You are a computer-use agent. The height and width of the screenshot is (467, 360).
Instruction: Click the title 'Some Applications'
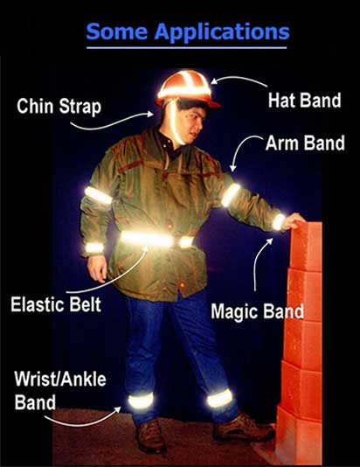[x=188, y=32]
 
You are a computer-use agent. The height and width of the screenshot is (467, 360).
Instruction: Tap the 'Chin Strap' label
[x=59, y=107]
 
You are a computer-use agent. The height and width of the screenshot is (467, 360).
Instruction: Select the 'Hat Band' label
[x=304, y=101]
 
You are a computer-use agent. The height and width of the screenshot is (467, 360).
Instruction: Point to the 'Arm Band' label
[x=305, y=143]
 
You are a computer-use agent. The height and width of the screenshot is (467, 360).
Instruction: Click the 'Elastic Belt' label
[x=56, y=304]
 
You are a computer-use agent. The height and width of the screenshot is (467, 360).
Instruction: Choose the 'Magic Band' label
[x=258, y=311]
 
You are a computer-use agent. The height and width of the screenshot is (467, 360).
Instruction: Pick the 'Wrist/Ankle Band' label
[x=60, y=390]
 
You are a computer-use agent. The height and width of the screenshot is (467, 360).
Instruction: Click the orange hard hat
[x=188, y=88]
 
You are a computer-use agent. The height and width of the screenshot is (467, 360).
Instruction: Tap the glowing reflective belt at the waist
[x=156, y=240]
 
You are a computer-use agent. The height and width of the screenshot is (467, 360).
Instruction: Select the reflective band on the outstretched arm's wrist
[x=279, y=222]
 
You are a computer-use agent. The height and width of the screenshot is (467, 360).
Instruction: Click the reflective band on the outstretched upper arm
[x=231, y=195]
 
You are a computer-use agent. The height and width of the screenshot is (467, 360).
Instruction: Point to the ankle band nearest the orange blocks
[x=220, y=398]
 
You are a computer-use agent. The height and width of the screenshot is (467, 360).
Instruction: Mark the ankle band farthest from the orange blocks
[x=141, y=401]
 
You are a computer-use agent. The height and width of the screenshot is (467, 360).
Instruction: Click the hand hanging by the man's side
[x=97, y=268]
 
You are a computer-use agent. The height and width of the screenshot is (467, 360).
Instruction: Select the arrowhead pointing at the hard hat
[x=215, y=81]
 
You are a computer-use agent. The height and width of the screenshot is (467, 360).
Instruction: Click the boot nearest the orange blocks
[x=243, y=428]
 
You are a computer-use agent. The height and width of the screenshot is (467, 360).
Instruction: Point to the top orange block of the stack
[x=307, y=246]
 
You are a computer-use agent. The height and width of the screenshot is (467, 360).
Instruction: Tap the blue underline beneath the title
[x=186, y=47]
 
